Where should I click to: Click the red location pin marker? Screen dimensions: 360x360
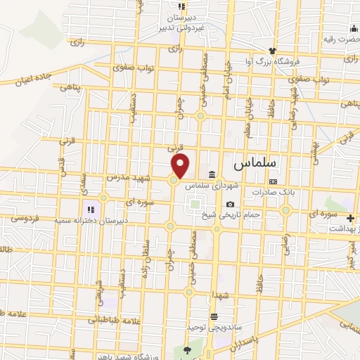click(181, 165)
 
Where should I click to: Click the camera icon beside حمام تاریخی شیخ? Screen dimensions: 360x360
click(230, 204)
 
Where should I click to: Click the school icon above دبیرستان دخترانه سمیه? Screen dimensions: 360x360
click(89, 210)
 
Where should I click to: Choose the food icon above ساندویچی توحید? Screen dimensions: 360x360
click(215, 316)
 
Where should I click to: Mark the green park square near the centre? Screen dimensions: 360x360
click(194, 205)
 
